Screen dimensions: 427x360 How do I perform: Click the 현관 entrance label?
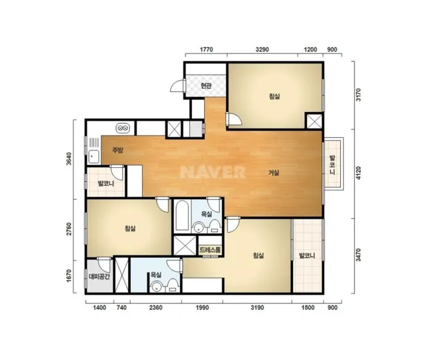tap(206, 86)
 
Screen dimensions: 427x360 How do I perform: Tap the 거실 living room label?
tap(274, 173)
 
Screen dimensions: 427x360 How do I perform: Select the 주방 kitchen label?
tap(118, 150)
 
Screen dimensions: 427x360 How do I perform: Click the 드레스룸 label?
tap(210, 249)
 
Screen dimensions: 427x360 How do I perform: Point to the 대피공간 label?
tap(99, 277)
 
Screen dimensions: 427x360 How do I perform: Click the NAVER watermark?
tap(213, 172)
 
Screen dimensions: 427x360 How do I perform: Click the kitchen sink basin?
tap(93, 157)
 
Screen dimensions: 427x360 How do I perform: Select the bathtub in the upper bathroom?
tap(182, 216)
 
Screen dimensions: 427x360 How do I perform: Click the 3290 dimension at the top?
tap(262, 49)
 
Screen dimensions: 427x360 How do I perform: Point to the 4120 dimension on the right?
tap(358, 173)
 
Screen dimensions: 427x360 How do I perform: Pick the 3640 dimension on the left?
tap(69, 159)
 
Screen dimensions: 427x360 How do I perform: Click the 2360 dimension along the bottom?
tap(155, 307)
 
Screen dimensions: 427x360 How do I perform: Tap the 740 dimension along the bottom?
tap(121, 307)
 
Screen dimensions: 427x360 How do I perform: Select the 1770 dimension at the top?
tap(206, 49)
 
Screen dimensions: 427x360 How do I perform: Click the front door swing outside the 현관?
tap(177, 86)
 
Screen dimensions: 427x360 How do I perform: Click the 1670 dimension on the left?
tap(69, 275)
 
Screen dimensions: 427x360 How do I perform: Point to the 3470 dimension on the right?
tap(358, 255)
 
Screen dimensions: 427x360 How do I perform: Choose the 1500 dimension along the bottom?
tap(308, 307)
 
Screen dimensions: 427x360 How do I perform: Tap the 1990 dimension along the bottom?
tap(202, 307)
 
